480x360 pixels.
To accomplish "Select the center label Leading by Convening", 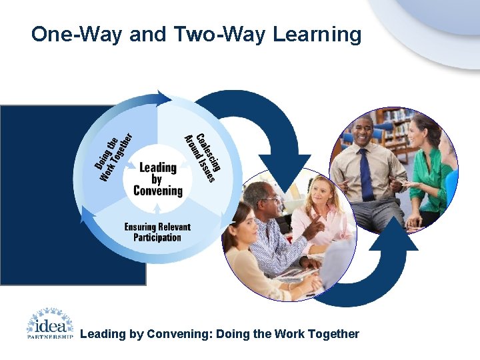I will [x=158, y=179].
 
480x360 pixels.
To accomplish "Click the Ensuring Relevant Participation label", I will [x=157, y=232].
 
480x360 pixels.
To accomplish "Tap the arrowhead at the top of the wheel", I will [x=160, y=96].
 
